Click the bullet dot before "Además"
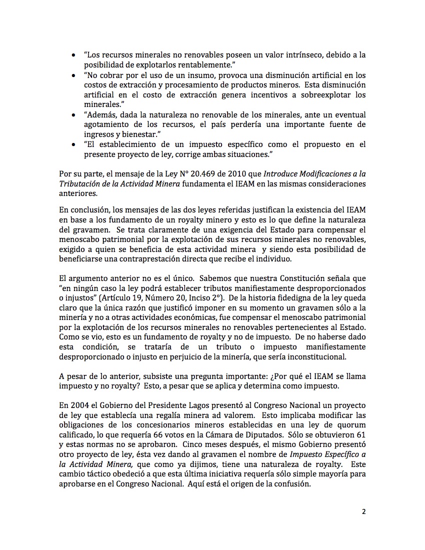(74, 115)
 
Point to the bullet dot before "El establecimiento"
(74, 145)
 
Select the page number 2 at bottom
(364, 511)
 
